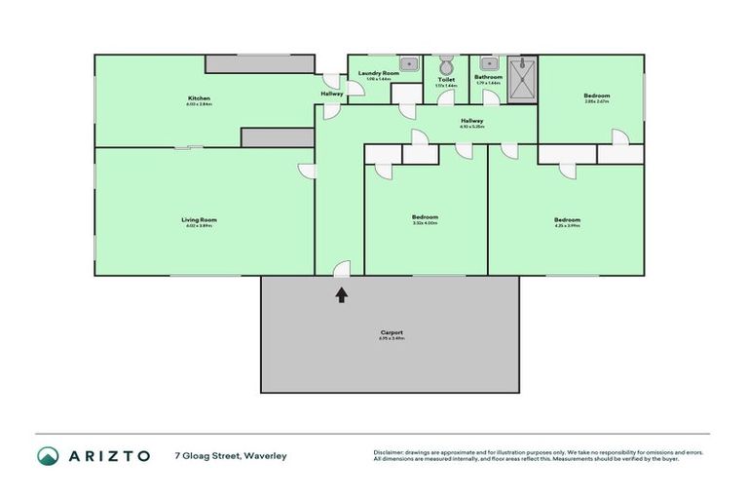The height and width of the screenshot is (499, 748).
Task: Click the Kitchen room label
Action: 199,97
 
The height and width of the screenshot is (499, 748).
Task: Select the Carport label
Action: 392,332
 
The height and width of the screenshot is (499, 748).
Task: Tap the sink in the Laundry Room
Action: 411,65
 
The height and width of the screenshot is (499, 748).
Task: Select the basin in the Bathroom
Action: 484,65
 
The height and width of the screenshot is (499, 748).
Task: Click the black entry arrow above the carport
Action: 342,292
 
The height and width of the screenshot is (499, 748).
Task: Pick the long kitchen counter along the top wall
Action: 260,63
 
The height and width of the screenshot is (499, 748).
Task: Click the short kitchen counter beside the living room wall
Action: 278,137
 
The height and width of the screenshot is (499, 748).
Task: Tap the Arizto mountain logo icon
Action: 49,456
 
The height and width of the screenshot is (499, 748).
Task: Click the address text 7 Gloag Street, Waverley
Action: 231,456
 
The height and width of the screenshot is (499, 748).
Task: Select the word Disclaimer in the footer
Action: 391,452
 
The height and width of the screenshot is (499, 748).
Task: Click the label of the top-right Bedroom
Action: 596,96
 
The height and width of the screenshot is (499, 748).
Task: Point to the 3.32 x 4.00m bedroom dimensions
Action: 425,223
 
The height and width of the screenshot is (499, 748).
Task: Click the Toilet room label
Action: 446,80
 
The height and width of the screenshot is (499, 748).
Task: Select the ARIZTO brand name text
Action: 109,456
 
